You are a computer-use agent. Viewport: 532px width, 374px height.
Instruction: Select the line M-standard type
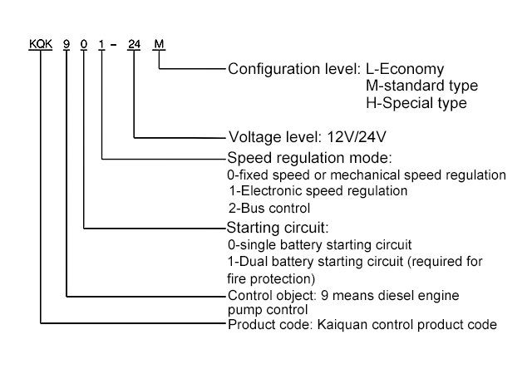(x=421, y=86)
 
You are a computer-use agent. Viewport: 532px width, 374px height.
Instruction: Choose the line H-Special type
(x=416, y=104)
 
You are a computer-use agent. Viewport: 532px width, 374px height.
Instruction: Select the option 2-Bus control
(x=268, y=208)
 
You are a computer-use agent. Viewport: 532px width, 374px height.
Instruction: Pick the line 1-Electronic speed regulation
(x=318, y=191)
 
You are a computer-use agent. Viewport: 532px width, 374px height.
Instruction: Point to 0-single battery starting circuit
(x=319, y=245)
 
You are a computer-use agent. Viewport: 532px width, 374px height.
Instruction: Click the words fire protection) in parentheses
(x=272, y=278)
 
